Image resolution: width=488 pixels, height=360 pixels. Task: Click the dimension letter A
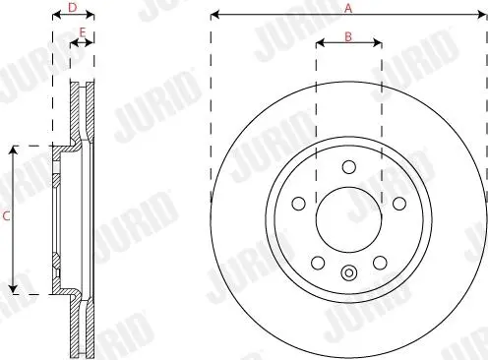click(348, 8)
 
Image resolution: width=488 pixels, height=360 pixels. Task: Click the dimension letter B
click(348, 36)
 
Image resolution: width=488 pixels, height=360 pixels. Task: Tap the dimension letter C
click(6, 216)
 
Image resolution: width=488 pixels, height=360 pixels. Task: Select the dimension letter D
click(72, 7)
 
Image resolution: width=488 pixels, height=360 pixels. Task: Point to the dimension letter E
click(83, 32)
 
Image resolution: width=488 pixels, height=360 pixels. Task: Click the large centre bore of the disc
click(349, 220)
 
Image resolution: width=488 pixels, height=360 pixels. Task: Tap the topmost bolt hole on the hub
click(349, 167)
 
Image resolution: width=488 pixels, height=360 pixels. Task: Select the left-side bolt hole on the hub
click(298, 204)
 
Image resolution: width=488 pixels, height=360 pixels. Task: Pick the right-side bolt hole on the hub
click(399, 204)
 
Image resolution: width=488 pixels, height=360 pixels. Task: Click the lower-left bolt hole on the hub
click(318, 263)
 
